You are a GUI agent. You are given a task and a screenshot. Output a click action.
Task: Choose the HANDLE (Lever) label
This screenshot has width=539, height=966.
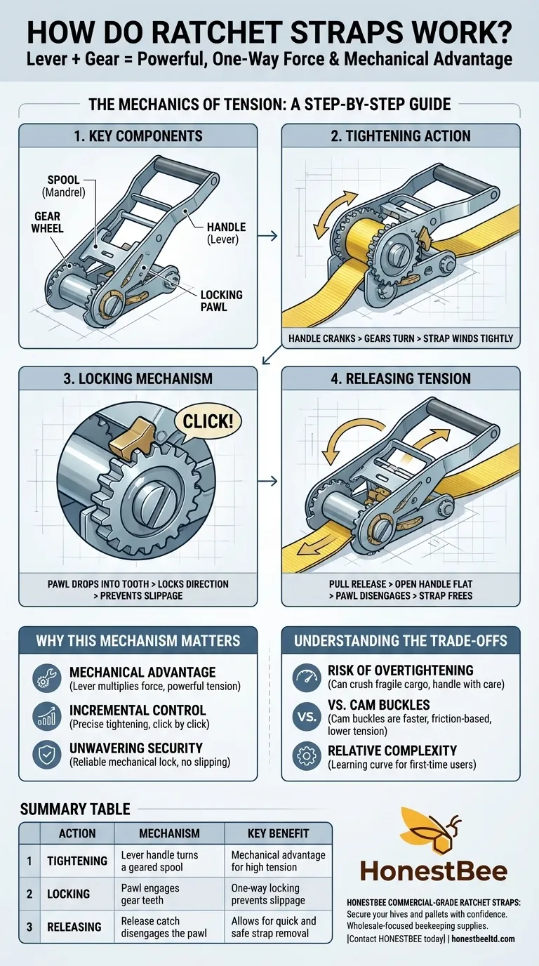tap(226, 232)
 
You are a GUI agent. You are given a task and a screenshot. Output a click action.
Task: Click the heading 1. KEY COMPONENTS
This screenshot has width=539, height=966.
tap(138, 136)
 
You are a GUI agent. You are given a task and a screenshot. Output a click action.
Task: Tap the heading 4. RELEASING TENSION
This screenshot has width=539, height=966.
tap(401, 379)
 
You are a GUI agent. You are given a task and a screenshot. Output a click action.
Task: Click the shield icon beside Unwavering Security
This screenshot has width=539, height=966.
tap(47, 754)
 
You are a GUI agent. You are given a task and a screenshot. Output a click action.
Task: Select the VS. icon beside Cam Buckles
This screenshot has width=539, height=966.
tap(305, 716)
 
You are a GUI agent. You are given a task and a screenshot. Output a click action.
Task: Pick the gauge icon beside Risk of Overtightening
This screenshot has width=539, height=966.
tap(305, 677)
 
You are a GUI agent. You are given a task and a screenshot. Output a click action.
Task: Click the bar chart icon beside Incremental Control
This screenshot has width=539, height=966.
tap(47, 716)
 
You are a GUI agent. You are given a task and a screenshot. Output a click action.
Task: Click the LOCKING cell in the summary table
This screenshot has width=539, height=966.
tap(68, 894)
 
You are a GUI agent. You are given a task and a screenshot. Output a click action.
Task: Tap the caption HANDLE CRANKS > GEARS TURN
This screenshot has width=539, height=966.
tap(401, 338)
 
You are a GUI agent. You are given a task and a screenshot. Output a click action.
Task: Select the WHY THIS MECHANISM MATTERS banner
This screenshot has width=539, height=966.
tap(138, 640)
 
